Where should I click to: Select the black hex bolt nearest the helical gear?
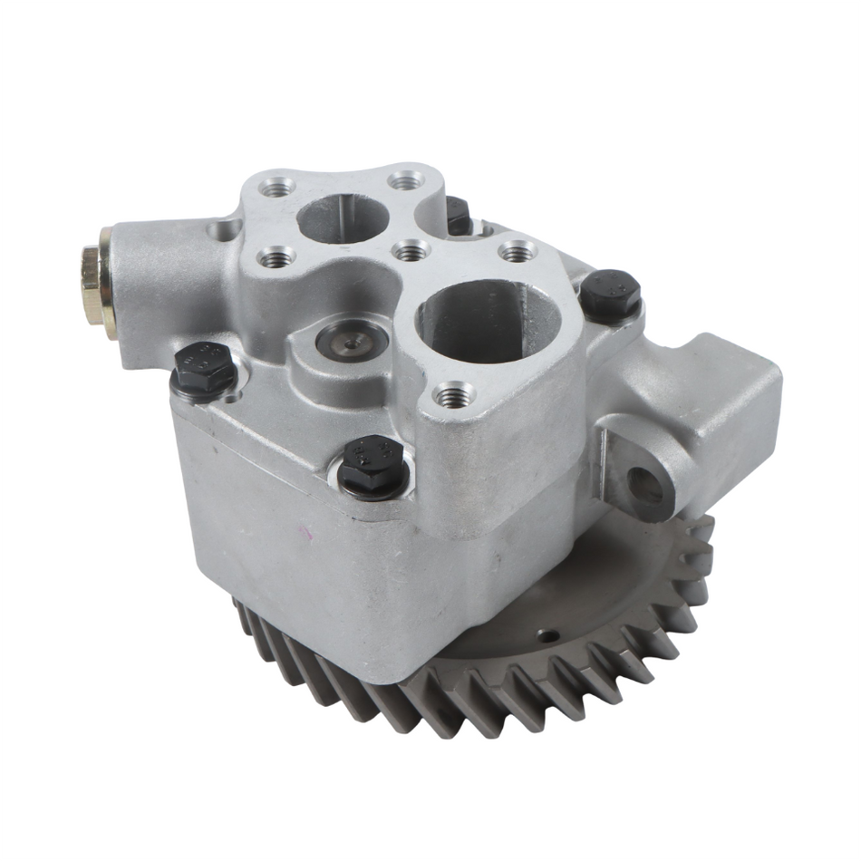coord(372,464)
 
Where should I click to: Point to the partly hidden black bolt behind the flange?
coord(458,216)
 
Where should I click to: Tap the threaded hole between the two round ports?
coord(411,249)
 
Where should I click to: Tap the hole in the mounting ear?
coord(645,486)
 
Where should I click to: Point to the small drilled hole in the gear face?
coord(541,636)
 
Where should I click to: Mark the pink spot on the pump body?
coord(307,536)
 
